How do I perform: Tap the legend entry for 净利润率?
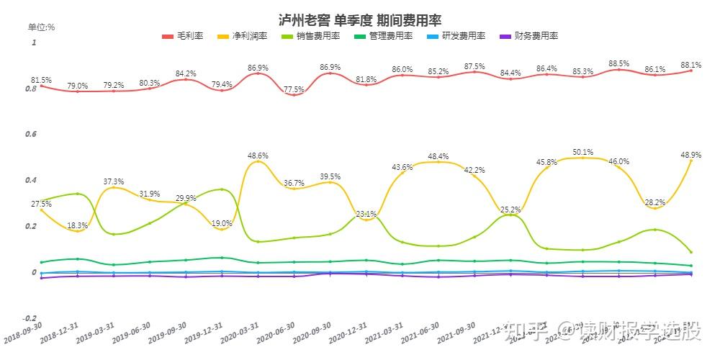[248, 35]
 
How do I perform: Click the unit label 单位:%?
[42, 27]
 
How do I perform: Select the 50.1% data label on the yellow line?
[582, 152]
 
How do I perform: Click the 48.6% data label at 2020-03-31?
[258, 156]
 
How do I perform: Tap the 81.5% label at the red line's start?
[41, 80]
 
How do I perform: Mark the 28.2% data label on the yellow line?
[653, 203]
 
